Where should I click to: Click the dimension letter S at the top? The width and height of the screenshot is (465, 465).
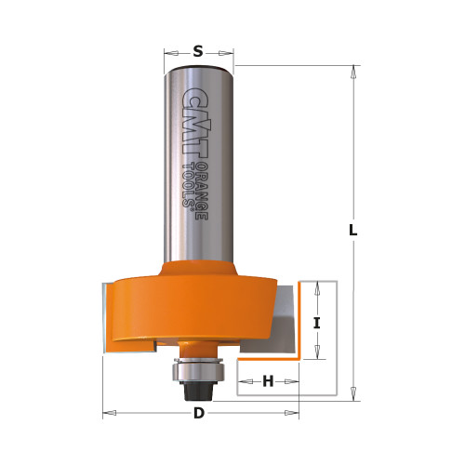click(198, 52)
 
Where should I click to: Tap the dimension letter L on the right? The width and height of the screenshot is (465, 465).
click(353, 230)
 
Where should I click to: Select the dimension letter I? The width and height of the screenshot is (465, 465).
click(316, 323)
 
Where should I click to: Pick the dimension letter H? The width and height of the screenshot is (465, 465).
click(268, 380)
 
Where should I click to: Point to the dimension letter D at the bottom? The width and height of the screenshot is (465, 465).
click(198, 413)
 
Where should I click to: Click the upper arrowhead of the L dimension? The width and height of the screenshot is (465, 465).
click(353, 71)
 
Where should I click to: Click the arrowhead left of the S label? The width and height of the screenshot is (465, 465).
click(168, 52)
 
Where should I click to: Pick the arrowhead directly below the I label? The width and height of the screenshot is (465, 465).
click(316, 354)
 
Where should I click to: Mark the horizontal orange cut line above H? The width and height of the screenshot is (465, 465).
click(269, 357)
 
